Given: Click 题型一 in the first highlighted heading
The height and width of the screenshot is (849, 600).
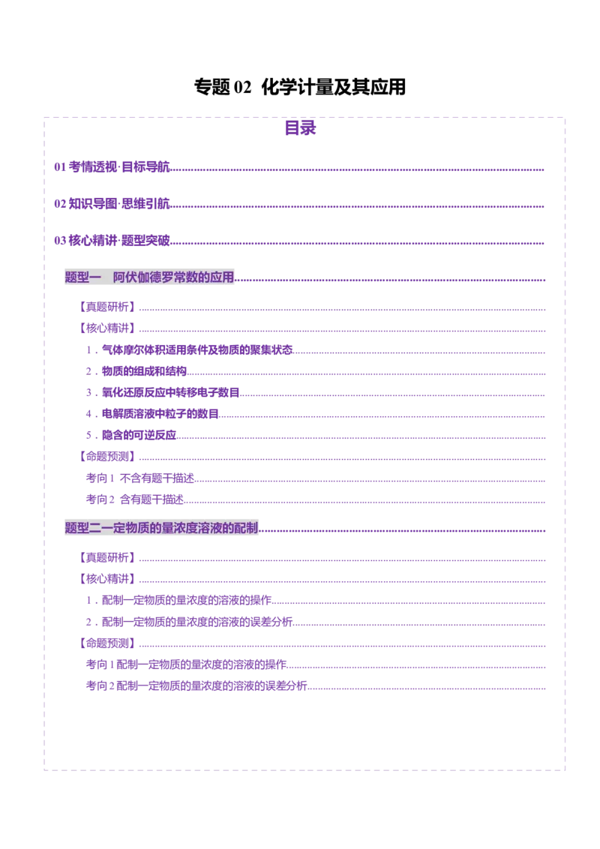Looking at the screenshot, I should point(82,277).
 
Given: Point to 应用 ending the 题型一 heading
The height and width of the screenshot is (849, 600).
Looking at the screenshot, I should point(222,277).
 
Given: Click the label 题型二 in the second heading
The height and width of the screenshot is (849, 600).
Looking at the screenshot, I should point(82,528).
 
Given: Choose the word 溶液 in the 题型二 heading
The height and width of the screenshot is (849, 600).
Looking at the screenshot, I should point(216,528).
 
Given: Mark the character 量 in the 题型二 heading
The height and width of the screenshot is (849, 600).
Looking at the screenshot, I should point(172,528).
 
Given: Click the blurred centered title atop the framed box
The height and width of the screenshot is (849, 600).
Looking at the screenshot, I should point(301,129).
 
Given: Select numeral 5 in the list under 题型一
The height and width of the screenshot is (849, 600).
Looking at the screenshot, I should point(88,434).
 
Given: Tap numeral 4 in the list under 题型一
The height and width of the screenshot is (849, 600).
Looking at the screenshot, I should point(88,413).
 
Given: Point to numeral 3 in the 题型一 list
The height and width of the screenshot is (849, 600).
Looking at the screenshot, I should point(88,391).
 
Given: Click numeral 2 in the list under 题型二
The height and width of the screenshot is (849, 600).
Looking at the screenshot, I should point(88,621).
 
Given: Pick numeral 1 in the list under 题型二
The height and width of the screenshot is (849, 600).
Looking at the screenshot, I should point(88,599).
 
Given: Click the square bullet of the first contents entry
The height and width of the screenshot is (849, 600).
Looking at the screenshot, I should point(58,167).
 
